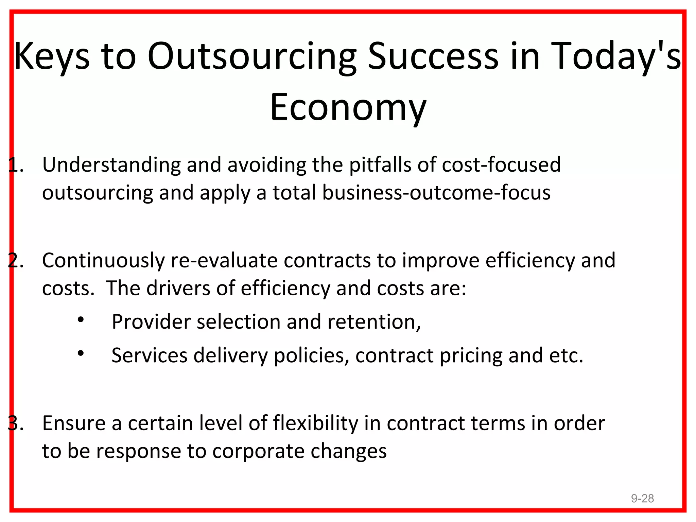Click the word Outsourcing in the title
251,56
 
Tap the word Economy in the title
348,107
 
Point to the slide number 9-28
642,498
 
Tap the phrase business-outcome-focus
436,193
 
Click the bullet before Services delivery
81,353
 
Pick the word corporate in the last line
259,451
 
